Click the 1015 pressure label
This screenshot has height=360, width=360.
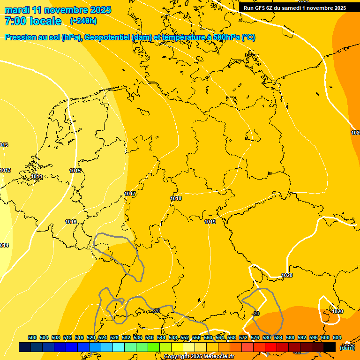(75, 171)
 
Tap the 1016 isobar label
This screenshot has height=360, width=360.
(71, 222)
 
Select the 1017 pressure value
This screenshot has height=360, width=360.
(130, 194)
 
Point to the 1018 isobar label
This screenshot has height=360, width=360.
(176, 198)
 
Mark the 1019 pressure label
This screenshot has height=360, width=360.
(210, 222)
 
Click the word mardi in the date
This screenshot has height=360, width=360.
(19, 10)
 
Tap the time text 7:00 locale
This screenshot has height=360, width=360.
(33, 21)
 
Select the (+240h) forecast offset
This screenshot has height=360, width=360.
(83, 21)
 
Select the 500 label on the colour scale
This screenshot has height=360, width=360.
(32, 337)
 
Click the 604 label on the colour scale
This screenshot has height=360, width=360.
(337, 337)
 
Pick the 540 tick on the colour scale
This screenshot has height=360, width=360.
(150, 337)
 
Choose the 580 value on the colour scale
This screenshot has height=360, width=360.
(267, 337)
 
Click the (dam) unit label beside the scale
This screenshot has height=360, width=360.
(347, 347)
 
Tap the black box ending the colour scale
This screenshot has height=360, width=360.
(330, 347)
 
